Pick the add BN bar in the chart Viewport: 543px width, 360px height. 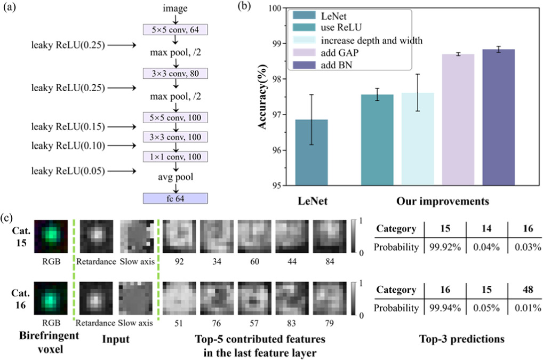tap(498, 117)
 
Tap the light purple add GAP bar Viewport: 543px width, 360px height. tap(458, 120)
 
